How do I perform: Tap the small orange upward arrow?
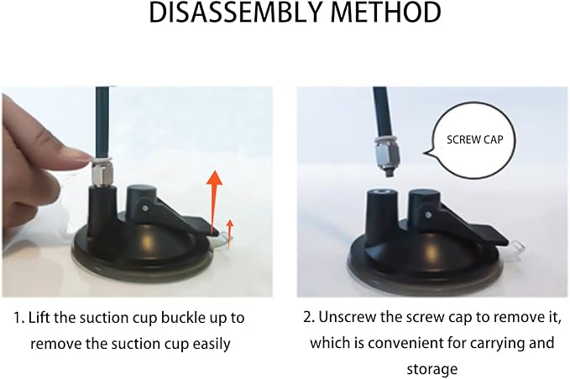[x=229, y=234]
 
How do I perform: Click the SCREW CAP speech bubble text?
[x=475, y=140]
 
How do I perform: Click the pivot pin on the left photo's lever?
[x=145, y=209]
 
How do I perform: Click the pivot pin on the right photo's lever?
[x=429, y=215]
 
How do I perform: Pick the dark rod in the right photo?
[x=382, y=112]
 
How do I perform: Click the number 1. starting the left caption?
[x=19, y=319]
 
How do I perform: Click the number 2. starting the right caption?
[x=309, y=318]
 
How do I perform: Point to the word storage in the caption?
[x=432, y=370]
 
